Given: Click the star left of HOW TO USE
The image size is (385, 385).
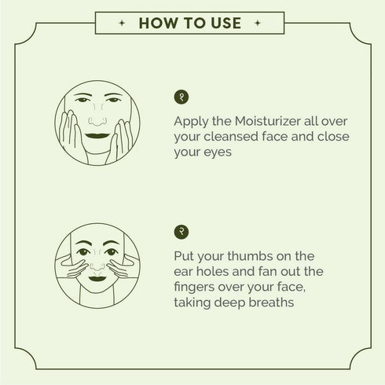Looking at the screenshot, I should tap(119, 24).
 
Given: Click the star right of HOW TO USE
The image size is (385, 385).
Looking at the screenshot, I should tap(265, 24).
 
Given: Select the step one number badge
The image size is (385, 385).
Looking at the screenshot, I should tap(182, 97).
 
